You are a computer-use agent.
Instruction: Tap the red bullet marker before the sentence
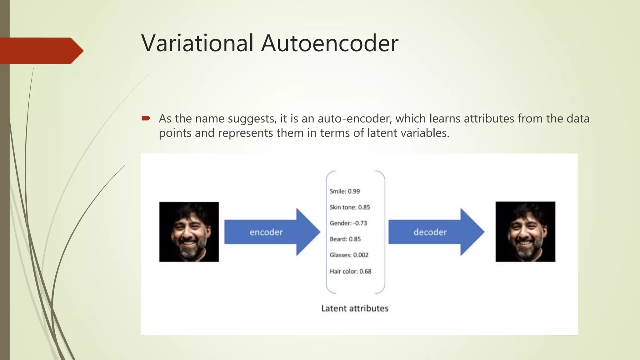pyautogui.click(x=146, y=118)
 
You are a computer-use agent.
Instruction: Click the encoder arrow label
pyautogui.click(x=266, y=232)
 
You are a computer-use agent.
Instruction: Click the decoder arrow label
pyautogui.click(x=430, y=232)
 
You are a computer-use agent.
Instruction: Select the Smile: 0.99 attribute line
pyautogui.click(x=345, y=191)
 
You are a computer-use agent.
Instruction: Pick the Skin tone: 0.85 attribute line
pyautogui.click(x=350, y=207)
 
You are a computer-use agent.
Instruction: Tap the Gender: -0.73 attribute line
pyautogui.click(x=348, y=223)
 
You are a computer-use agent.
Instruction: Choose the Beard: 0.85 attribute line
pyautogui.click(x=345, y=239)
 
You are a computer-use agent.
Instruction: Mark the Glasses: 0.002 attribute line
pyautogui.click(x=349, y=255)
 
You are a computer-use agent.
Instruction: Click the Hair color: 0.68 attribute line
pyautogui.click(x=350, y=271)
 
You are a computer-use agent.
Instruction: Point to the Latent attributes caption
pyautogui.click(x=355, y=308)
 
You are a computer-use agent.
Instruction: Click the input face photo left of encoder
pyautogui.click(x=189, y=232)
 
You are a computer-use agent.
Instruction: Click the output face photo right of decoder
pyautogui.click(x=525, y=232)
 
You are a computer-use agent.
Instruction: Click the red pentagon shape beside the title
pyautogui.click(x=41, y=51)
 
